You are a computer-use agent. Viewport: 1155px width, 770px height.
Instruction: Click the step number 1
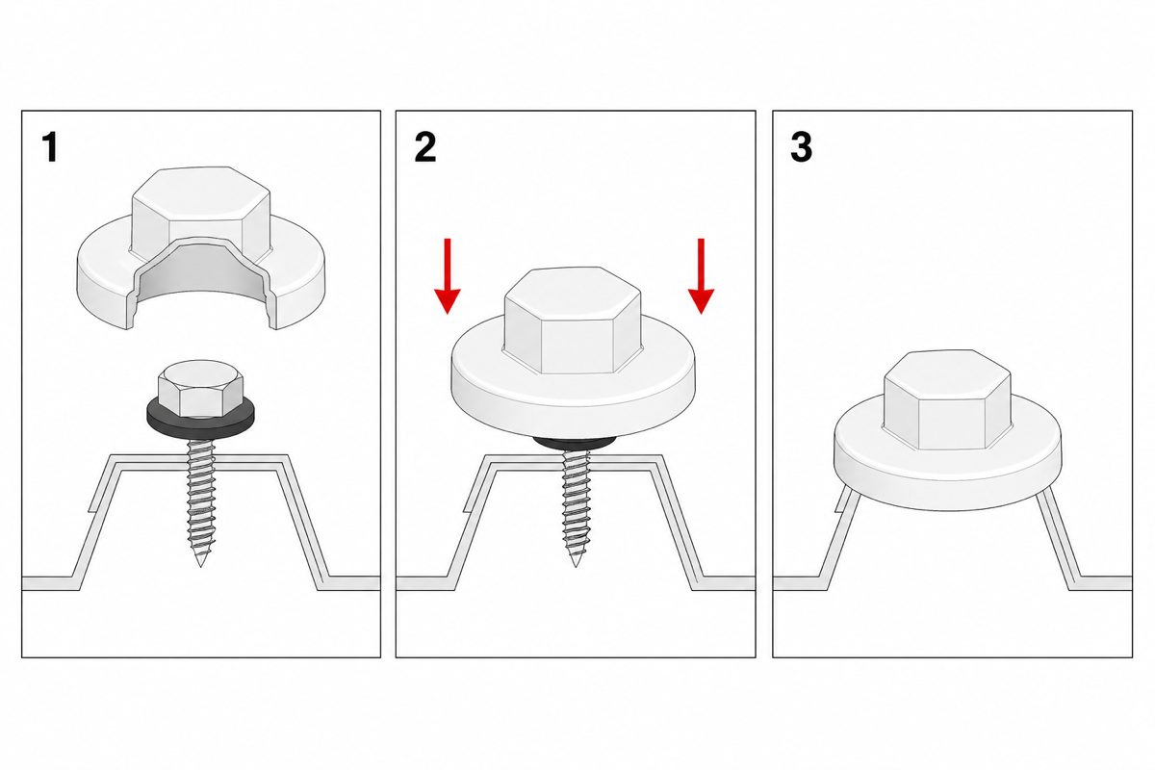pyautogui.click(x=50, y=147)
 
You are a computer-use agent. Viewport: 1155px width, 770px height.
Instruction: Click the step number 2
pyautogui.click(x=425, y=147)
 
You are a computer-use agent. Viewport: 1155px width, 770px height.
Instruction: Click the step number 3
pyautogui.click(x=801, y=147)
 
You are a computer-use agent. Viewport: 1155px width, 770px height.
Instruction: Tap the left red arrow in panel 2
pyautogui.click(x=447, y=276)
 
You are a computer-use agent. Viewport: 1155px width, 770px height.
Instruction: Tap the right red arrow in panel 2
pyautogui.click(x=701, y=276)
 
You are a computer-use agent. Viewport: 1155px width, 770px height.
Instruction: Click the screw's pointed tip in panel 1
pyautogui.click(x=200, y=566)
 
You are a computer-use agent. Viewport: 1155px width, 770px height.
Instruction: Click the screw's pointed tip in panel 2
pyautogui.click(x=576, y=566)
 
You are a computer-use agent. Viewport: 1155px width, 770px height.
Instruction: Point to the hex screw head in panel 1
pyautogui.click(x=200, y=388)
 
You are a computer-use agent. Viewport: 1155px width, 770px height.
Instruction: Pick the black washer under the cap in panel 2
pyautogui.click(x=575, y=444)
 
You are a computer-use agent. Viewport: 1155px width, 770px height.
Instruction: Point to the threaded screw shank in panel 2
pyautogui.click(x=576, y=508)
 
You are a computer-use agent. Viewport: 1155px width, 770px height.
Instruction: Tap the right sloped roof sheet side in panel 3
pyautogui.click(x=1057, y=539)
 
